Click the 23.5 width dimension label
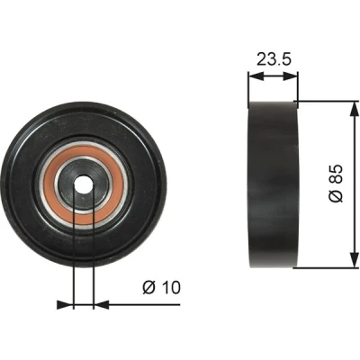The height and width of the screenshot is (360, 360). [x=274, y=59]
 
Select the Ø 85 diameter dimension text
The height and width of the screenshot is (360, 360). [x=336, y=183]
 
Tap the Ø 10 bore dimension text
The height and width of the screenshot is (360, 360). [x=161, y=287]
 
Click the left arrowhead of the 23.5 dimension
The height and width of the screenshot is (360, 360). [x=256, y=76]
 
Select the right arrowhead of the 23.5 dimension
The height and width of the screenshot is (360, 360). [x=291, y=76]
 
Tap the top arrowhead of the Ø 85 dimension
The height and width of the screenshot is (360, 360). [x=355, y=109]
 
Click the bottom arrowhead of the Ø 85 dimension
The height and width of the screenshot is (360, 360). [x=355, y=260]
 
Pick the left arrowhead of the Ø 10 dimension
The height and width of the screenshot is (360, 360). [x=65, y=304]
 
